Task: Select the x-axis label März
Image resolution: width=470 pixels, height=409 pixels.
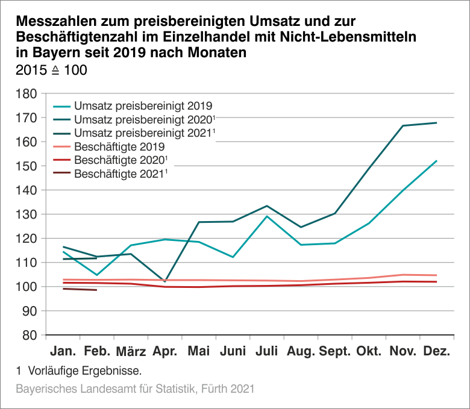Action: pyautogui.click(x=131, y=351)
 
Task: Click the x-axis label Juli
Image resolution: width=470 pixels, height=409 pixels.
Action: pyautogui.click(x=267, y=351)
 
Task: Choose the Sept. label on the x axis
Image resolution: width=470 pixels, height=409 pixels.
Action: pyautogui.click(x=334, y=351)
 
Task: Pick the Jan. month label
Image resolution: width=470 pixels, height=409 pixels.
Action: pyautogui.click(x=63, y=351)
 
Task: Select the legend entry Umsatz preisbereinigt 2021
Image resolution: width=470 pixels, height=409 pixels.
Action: pyautogui.click(x=143, y=132)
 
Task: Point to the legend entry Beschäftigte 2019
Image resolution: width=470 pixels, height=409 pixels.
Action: pyautogui.click(x=119, y=146)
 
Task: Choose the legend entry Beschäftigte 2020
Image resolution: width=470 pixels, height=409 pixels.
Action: pyautogui.click(x=119, y=160)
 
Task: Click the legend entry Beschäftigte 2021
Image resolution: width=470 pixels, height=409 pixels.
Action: pyautogui.click(x=119, y=174)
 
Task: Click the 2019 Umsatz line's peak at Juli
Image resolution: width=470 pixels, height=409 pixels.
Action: pyautogui.click(x=267, y=216)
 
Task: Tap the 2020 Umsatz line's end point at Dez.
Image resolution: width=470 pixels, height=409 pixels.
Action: pyautogui.click(x=436, y=123)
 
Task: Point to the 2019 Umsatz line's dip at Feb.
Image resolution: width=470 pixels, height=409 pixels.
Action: pyautogui.click(x=96, y=275)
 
